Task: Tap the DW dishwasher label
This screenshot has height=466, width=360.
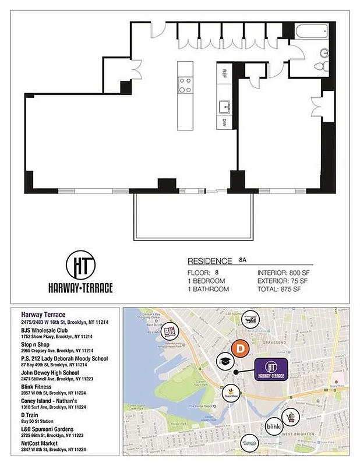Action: pyautogui.click(x=224, y=122)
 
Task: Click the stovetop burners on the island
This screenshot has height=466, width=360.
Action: pyautogui.click(x=185, y=85)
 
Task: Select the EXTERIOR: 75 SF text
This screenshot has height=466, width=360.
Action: pyautogui.click(x=282, y=281)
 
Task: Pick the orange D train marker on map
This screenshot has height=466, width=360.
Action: pyautogui.click(x=239, y=349)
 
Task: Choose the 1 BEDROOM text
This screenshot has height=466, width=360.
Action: pyautogui.click(x=206, y=281)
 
